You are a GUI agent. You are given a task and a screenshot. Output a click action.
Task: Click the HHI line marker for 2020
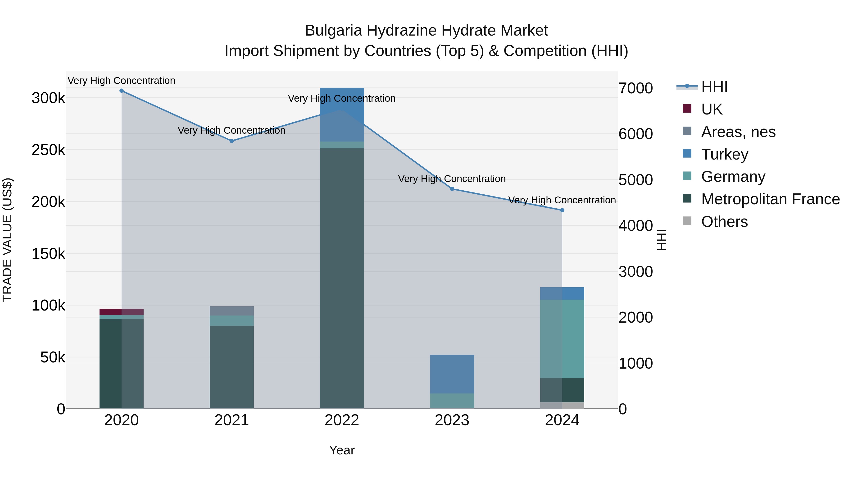122,91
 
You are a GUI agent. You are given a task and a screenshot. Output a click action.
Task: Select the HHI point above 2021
232,141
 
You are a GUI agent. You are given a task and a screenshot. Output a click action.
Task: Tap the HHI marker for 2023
452,189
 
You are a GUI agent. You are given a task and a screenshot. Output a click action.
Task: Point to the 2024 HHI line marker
562,210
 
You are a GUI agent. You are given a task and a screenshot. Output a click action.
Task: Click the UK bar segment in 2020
122,312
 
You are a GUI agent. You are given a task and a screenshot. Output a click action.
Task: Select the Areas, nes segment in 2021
232,311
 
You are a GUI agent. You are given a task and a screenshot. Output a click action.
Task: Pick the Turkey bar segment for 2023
452,374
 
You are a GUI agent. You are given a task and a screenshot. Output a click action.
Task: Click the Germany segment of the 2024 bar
562,338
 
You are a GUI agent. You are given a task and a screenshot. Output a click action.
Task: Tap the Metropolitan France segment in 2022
342,278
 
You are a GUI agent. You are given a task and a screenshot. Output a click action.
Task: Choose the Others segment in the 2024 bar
562,406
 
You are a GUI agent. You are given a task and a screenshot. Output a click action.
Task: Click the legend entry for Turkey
725,154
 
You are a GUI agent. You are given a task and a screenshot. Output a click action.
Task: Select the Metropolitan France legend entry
770,199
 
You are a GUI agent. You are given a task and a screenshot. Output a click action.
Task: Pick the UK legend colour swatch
687,109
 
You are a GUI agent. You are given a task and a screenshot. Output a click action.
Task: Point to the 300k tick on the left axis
48,98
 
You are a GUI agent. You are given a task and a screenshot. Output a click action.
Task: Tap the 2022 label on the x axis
342,420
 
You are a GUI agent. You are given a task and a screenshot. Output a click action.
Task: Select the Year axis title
342,450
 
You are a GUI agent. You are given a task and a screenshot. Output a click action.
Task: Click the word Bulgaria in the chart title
333,31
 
